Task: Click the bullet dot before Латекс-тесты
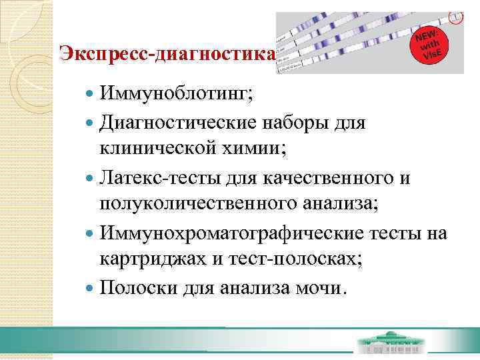[x=91, y=179]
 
